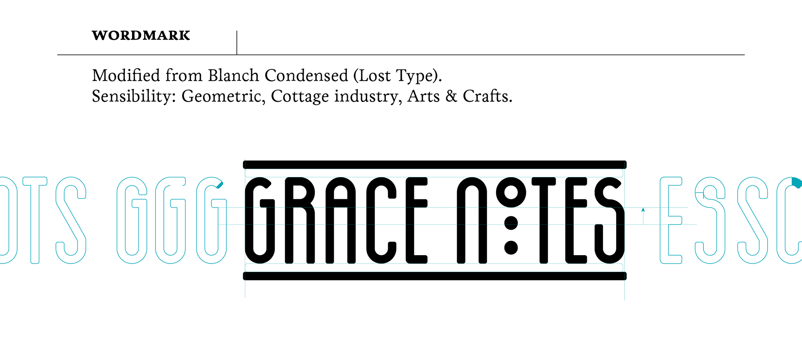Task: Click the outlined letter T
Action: (35, 221)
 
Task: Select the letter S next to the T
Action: (71, 221)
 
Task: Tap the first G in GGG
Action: (132, 221)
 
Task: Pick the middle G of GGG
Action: (170, 221)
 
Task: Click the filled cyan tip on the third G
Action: (220, 184)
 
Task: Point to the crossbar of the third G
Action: (219, 203)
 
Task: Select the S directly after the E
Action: (710, 221)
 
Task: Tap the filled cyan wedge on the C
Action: (797, 183)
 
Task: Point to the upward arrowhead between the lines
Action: (643, 210)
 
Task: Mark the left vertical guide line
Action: (245, 288)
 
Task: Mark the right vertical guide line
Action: (624, 288)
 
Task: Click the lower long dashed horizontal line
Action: (434, 225)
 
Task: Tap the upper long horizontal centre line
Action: (434, 208)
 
